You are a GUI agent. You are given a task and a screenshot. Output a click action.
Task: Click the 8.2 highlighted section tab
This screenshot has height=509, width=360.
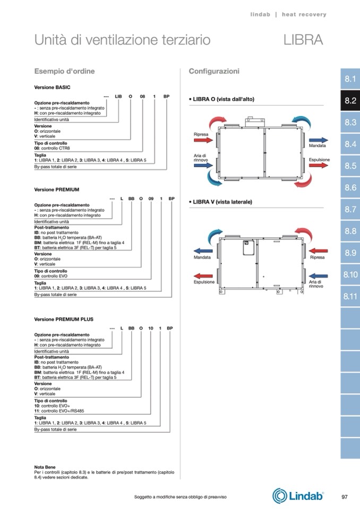350,101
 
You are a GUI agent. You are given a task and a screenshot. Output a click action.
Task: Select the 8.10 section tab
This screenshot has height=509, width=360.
350,274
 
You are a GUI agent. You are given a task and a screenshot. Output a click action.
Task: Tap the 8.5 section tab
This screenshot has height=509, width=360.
350,166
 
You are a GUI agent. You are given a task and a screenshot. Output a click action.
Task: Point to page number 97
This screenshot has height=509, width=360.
344,496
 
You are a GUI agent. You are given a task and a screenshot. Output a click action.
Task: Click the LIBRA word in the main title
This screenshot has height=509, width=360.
303,40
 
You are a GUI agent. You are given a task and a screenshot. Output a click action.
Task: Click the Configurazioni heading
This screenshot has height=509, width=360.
214,71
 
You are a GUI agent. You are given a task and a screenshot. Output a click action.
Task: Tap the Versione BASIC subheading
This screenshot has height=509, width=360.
52,87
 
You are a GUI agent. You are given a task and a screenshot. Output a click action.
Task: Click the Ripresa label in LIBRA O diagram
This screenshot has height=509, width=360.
201,135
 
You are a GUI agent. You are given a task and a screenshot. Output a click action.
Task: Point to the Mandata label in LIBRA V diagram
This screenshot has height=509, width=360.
202,257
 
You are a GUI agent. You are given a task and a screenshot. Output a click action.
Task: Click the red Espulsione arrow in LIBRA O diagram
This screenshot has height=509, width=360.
319,166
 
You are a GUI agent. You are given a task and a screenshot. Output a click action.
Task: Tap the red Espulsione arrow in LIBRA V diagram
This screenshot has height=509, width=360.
202,276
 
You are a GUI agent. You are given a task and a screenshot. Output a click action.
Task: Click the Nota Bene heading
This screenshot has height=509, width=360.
45,467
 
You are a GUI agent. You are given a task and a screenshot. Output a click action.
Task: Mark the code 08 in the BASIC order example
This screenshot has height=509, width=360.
142,96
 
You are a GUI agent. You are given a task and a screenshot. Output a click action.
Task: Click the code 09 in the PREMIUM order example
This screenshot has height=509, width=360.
151,198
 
